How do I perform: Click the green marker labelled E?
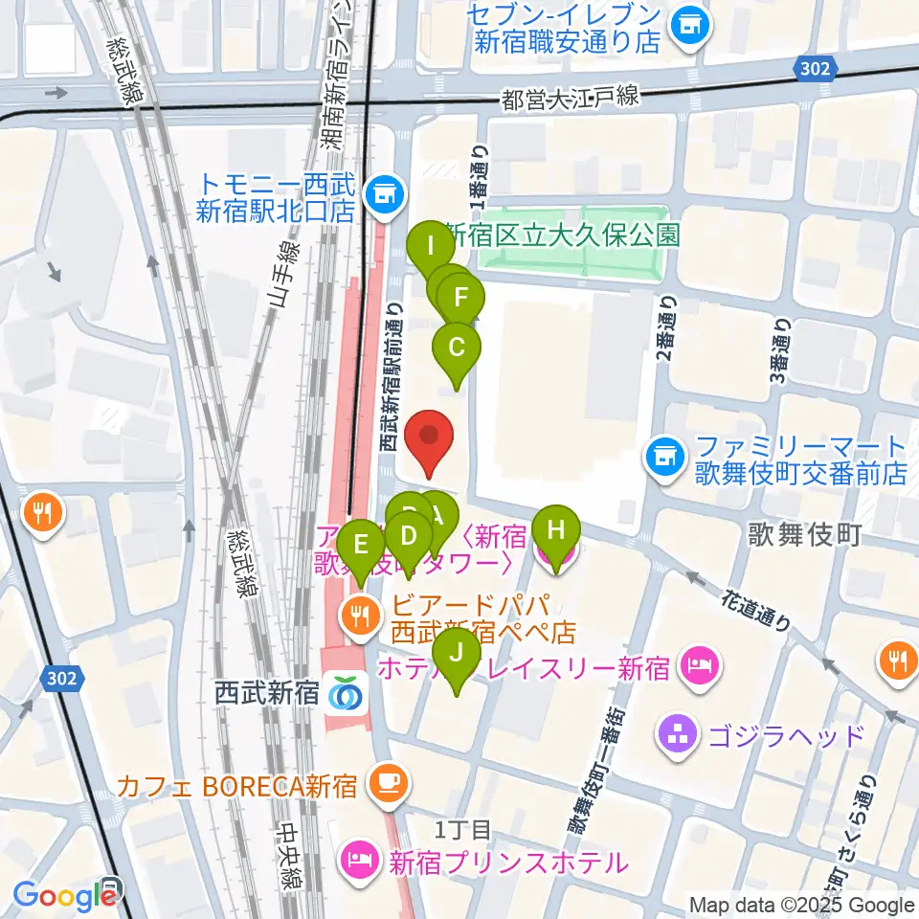coord(361,548)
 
